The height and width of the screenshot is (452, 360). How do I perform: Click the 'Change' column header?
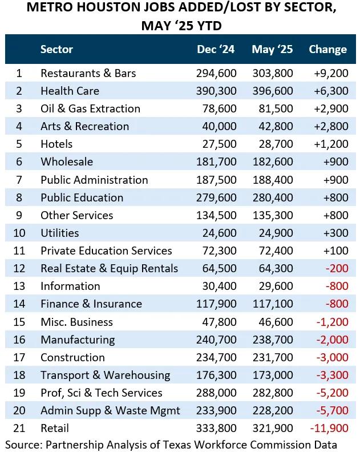click(x=327, y=49)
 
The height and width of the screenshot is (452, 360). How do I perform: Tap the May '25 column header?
click(x=272, y=49)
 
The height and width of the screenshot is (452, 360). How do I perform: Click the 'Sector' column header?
click(x=56, y=49)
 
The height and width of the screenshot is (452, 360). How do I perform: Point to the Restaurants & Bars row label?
click(x=88, y=73)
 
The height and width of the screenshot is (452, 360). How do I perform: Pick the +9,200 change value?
click(x=330, y=73)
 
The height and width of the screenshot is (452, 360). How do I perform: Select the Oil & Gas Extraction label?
click(x=90, y=108)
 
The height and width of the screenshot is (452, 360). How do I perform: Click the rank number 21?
click(x=19, y=428)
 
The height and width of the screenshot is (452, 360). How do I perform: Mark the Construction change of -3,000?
click(x=331, y=357)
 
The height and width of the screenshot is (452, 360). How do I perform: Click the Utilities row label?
click(x=59, y=233)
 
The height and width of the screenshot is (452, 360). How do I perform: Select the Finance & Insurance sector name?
click(x=91, y=304)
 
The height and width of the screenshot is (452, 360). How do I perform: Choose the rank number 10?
click(x=19, y=233)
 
